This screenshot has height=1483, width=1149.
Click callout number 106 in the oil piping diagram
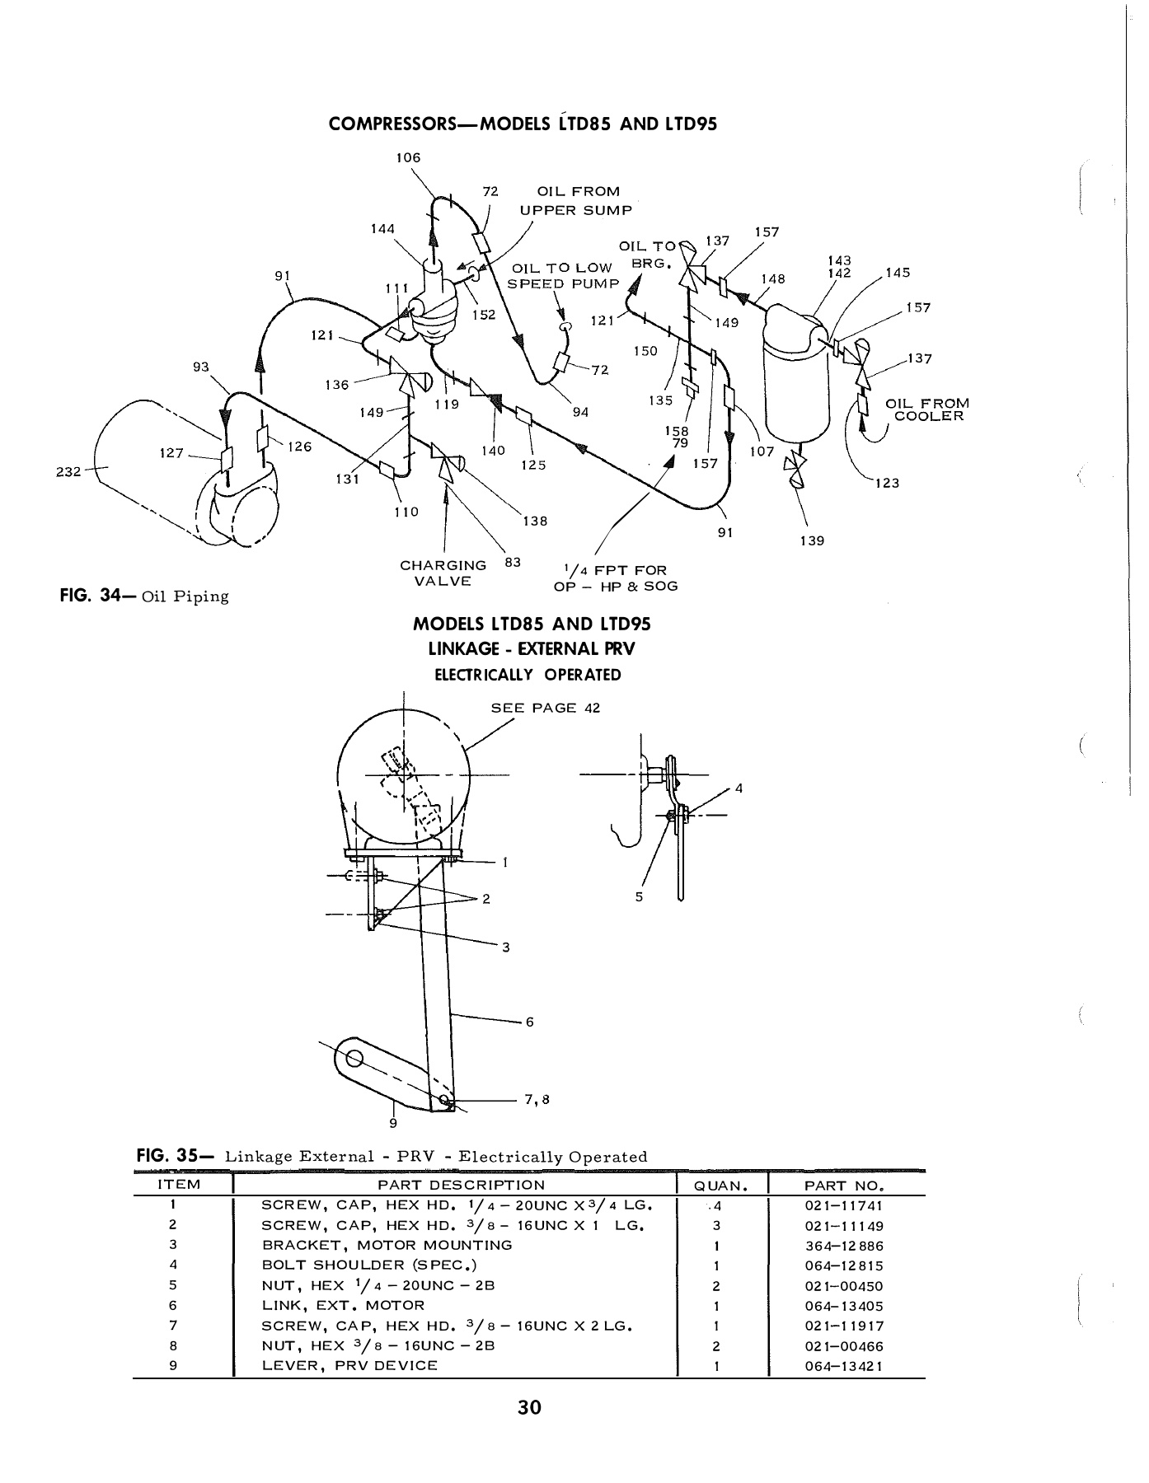pos(408,157)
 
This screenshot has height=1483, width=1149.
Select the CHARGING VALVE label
pos(443,573)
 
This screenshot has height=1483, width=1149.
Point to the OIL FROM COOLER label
pos(927,409)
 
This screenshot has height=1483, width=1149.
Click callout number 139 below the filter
pos(812,540)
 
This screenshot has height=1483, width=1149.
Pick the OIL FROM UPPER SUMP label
pos(577,201)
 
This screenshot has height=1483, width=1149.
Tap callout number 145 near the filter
pos(898,273)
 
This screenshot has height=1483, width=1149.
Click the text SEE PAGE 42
pos(546,708)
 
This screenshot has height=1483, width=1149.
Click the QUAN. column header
pos(721,1186)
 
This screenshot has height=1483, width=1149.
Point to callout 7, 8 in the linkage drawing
pos(537,1099)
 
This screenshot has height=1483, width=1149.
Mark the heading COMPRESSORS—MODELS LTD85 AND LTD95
pos(523,124)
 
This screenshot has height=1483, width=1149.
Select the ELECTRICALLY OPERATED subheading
pos(528,675)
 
